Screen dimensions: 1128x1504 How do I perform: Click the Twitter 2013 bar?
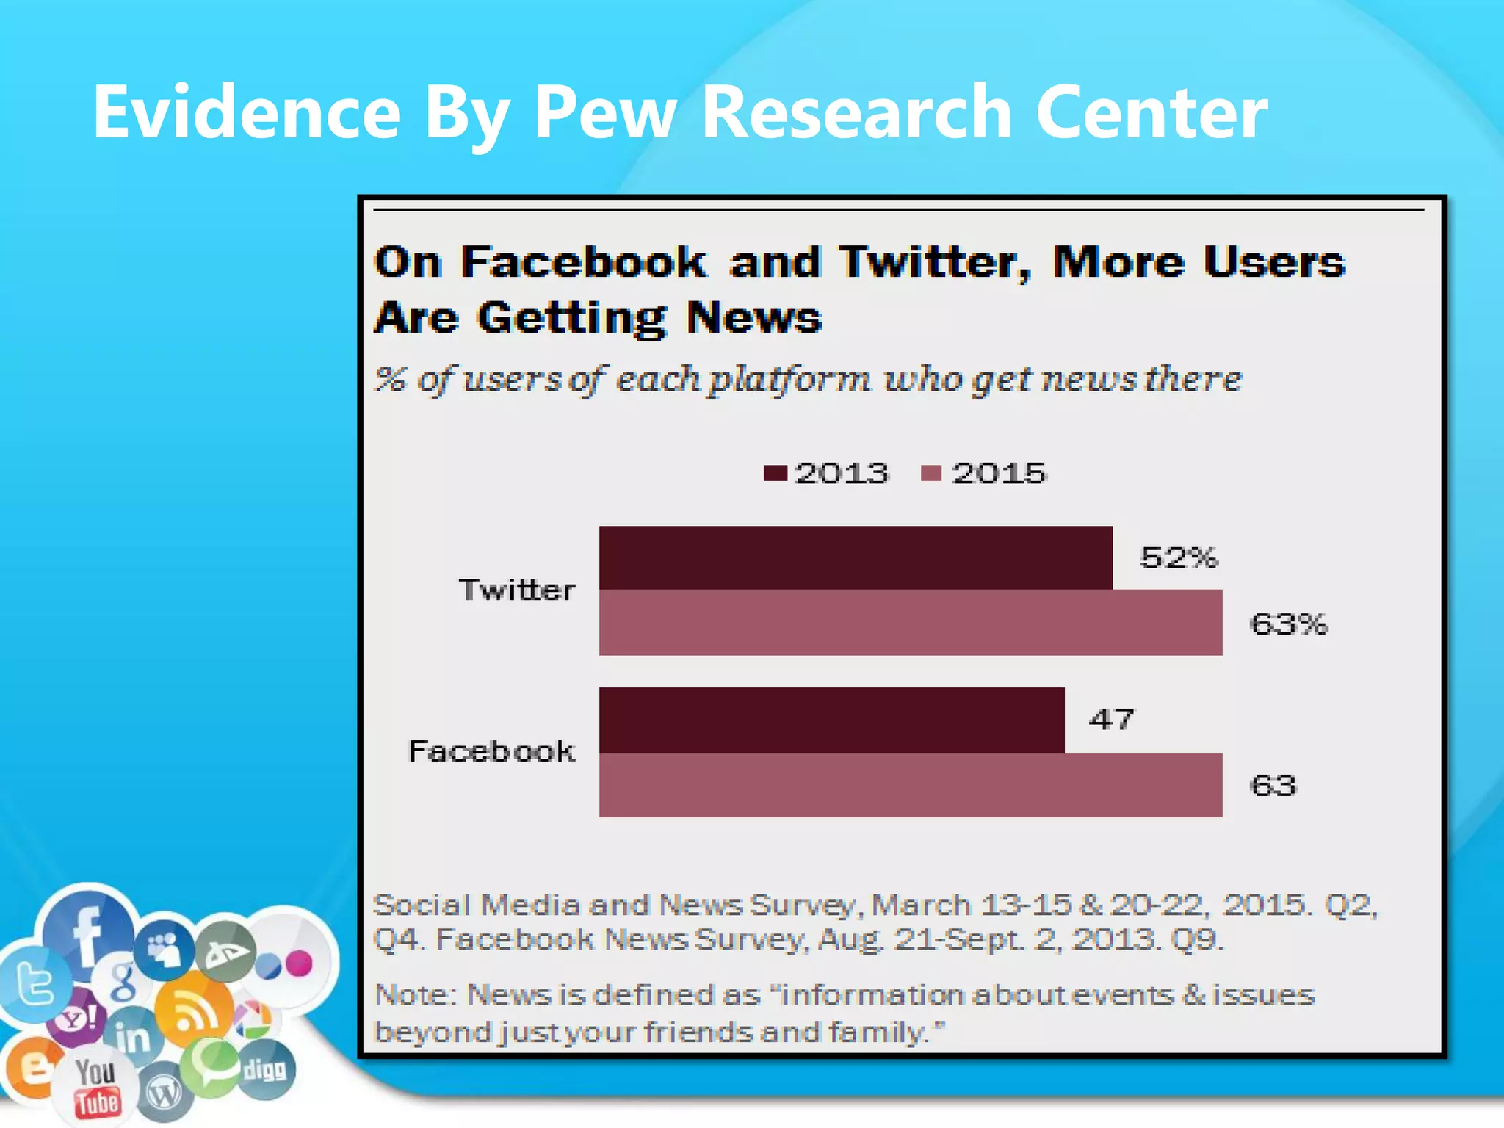(x=856, y=557)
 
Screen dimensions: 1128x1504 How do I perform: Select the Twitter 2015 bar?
(x=911, y=622)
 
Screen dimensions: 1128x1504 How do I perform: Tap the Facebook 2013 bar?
(x=831, y=720)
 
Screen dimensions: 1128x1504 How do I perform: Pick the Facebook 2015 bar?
(x=911, y=785)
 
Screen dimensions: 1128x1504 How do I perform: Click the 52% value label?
(x=1179, y=558)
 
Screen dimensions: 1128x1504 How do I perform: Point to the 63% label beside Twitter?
(x=1289, y=624)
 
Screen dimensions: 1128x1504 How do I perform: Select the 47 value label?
(x=1112, y=719)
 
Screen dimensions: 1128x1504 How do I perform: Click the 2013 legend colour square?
(x=775, y=473)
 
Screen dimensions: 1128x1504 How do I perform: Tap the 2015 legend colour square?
(x=931, y=473)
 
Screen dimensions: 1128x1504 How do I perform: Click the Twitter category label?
(x=517, y=590)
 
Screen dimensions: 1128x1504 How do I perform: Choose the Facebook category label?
(x=491, y=751)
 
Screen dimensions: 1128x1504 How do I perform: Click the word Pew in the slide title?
(x=604, y=112)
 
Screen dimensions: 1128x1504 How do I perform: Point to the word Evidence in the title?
(x=247, y=112)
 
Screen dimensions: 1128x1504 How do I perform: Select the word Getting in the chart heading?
(x=571, y=319)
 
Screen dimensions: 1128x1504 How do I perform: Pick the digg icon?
(x=265, y=1069)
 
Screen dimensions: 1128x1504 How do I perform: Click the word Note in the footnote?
(x=415, y=995)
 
